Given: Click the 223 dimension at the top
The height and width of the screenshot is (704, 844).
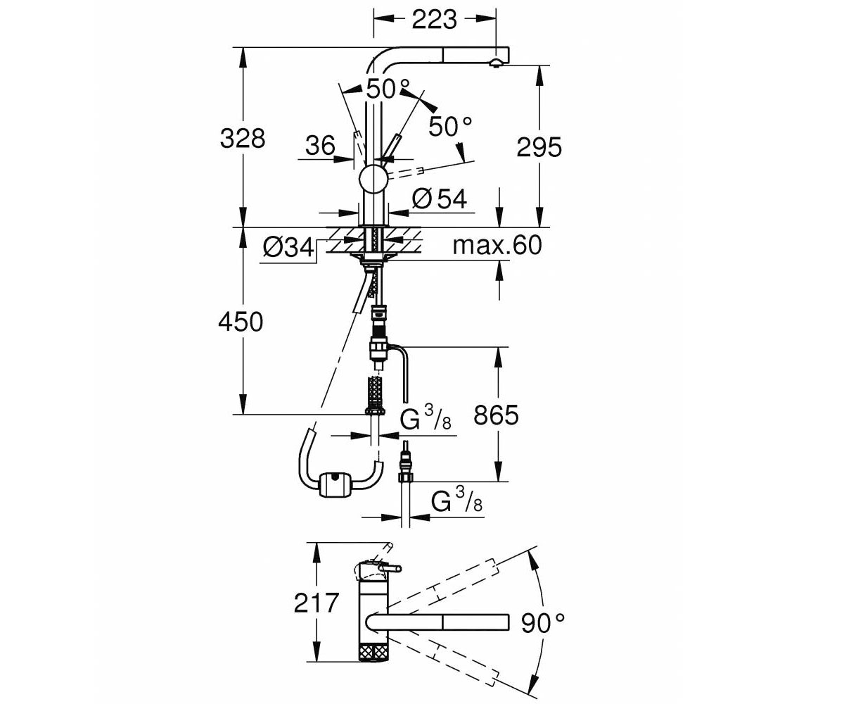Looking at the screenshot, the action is (434, 19).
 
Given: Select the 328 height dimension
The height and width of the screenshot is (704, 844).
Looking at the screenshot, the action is (243, 138).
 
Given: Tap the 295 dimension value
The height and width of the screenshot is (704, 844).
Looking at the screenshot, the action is (539, 146).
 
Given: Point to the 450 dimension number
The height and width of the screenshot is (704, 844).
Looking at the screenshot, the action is (241, 322).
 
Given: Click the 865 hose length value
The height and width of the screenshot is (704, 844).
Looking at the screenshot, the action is (496, 415).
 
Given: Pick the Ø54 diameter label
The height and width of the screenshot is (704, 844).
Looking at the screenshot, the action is (440, 199).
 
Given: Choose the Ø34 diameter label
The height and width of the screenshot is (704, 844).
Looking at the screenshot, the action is (288, 247).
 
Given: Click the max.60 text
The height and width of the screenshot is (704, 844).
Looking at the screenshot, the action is (497, 245).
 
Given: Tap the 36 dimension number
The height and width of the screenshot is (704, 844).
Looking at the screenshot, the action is (320, 145).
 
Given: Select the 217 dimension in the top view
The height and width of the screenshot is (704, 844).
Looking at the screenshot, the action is (316, 603).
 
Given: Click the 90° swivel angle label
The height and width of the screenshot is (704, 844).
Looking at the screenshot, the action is (542, 622).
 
